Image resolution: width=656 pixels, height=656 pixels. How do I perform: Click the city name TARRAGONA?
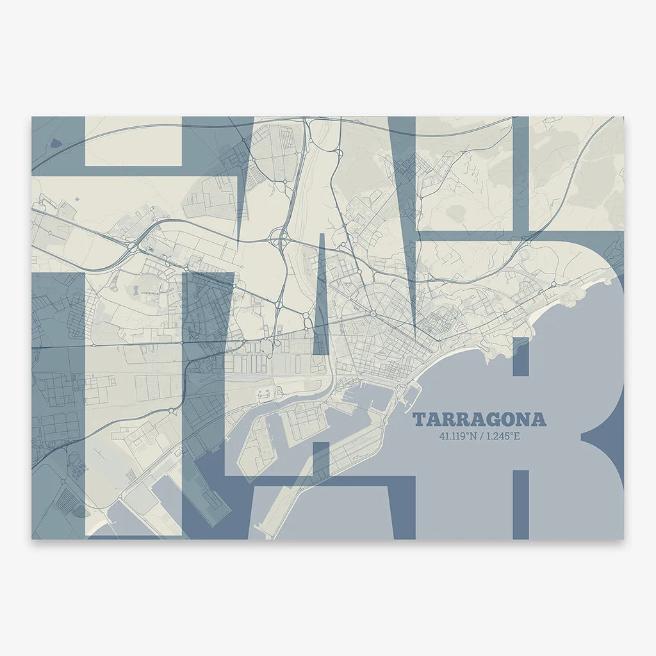click(479, 420)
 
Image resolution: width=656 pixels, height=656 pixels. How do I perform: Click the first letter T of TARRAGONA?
click(419, 420)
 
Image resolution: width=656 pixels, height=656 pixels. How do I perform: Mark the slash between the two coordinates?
click(481, 438)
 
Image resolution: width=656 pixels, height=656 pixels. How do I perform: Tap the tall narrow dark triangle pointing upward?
click(320, 295)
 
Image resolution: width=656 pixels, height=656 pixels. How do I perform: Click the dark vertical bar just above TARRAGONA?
click(521, 356)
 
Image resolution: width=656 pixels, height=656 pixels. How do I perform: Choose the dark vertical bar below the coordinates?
click(521, 503)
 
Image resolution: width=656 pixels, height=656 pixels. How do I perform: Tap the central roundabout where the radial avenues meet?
click(372, 314)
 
